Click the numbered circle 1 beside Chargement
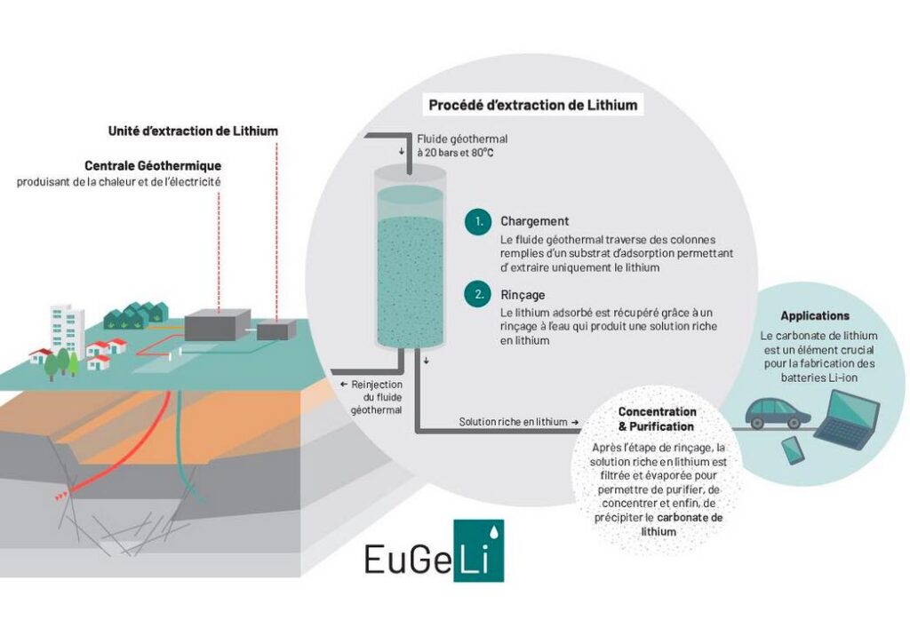click(478, 221)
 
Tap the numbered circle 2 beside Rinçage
click(478, 294)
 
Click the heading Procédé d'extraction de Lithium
click(533, 105)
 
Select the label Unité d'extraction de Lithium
click(193, 131)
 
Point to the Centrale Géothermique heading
click(153, 165)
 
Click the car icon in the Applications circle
click(778, 413)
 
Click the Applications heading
click(815, 315)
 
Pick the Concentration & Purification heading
click(657, 419)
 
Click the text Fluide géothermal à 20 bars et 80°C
click(462, 147)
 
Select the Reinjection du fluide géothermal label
click(372, 397)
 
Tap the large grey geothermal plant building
click(218, 324)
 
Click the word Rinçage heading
click(523, 295)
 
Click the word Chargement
click(534, 221)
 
